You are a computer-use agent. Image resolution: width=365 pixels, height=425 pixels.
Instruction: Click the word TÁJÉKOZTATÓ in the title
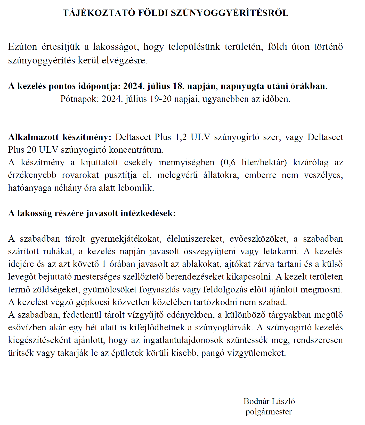pyautogui.click(x=99, y=13)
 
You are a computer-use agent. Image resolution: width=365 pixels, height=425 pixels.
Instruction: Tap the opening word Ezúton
pyautogui.click(x=23, y=47)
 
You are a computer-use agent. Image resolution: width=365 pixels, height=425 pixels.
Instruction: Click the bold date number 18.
pyautogui.click(x=178, y=86)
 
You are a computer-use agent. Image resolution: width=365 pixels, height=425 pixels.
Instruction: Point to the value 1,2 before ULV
pyautogui.click(x=181, y=137)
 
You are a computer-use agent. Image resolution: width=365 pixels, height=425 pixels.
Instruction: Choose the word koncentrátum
pyautogui.click(x=136, y=150)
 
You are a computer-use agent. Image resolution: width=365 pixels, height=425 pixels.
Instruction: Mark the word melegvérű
pyautogui.click(x=177, y=175)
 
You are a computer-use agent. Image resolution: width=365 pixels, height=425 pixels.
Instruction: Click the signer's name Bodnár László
pyautogui.click(x=269, y=401)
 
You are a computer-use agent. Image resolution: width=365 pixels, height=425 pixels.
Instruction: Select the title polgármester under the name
pyautogui.click(x=269, y=412)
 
